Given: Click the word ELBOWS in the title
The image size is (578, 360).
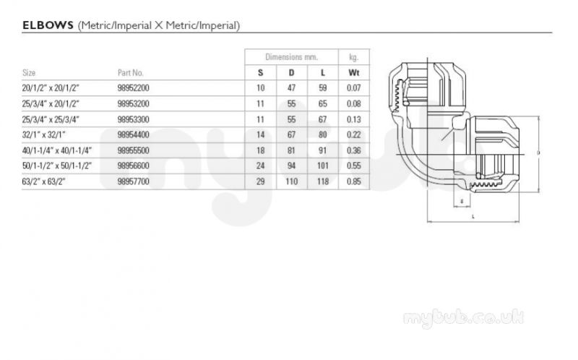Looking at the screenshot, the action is (48, 25).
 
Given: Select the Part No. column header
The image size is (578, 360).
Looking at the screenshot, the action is (131, 73).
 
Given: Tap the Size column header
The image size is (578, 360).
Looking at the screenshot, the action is (29, 73).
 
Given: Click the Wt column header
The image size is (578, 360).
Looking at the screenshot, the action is (353, 73).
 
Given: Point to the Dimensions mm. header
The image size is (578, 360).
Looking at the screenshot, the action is (291, 57).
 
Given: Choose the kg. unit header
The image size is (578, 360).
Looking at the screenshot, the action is (353, 58).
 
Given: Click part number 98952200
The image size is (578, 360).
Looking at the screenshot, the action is (134, 88).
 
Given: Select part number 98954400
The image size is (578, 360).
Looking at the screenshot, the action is (134, 134).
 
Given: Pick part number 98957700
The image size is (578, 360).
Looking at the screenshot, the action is (134, 181).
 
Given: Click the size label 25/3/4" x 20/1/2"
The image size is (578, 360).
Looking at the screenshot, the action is (51, 103).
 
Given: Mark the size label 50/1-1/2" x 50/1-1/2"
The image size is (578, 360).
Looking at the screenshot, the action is (57, 166).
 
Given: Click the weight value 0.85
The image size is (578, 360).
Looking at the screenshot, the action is (354, 181).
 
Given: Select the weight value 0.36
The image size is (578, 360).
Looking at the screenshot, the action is (354, 150).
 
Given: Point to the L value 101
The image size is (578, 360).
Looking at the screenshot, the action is (322, 166).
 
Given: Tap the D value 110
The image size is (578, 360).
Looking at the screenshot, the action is (291, 181).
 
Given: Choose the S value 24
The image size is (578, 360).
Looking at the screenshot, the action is (261, 166).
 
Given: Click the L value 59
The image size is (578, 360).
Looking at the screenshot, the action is (322, 88).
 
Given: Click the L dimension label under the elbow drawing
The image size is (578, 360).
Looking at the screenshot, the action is (473, 217).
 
